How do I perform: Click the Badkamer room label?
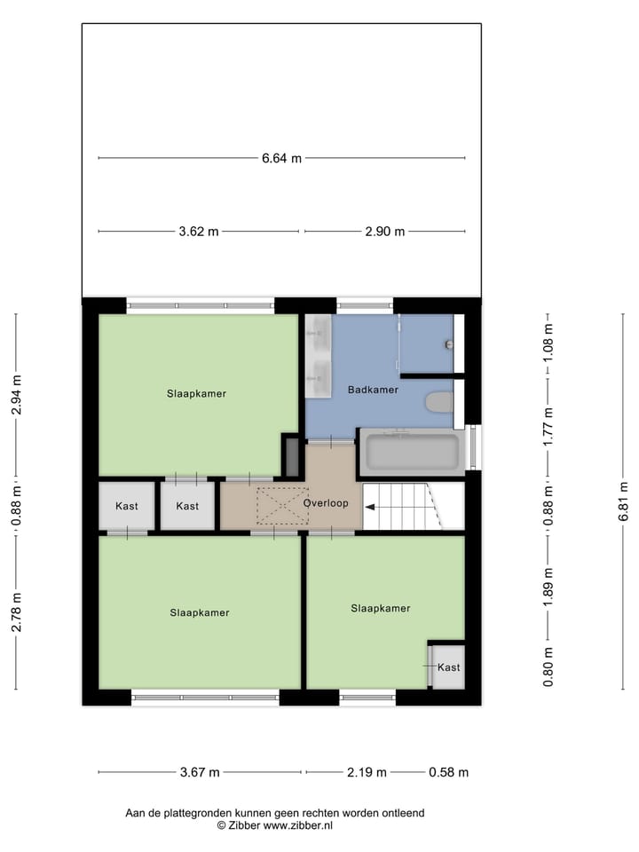[373, 390]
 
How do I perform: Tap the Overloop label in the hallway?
[324, 503]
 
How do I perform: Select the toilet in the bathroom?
[439, 403]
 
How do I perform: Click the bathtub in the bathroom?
[413, 452]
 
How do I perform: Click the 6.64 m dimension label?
[281, 159]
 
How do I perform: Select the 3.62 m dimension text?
[198, 232]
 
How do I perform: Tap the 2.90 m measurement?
[384, 232]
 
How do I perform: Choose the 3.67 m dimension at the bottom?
[199, 772]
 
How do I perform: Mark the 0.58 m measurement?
[448, 772]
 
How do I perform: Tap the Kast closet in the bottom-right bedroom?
[448, 667]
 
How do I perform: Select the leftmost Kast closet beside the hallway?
[127, 506]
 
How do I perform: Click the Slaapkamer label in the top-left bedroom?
[196, 393]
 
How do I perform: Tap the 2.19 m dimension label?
[366, 772]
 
